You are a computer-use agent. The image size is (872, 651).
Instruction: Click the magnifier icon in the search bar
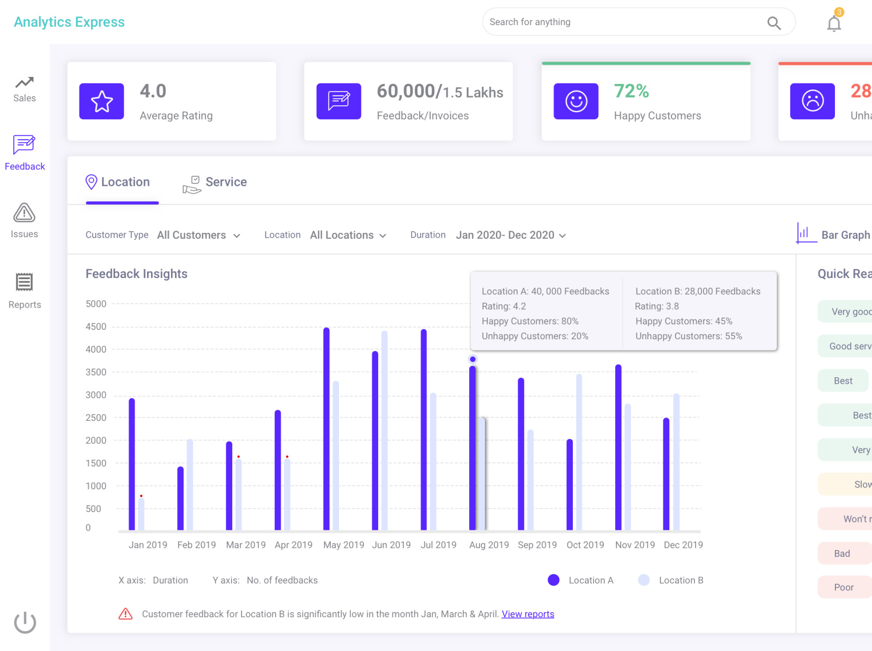(774, 23)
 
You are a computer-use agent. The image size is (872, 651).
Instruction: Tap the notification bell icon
(834, 23)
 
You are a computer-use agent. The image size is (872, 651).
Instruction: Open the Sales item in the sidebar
(25, 89)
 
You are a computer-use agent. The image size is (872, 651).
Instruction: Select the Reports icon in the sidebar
(25, 282)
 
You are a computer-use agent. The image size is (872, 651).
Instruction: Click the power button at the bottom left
(25, 622)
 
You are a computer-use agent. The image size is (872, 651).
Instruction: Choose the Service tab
(215, 183)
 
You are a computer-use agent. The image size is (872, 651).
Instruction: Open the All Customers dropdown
(198, 235)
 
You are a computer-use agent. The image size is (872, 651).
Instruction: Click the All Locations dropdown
(348, 235)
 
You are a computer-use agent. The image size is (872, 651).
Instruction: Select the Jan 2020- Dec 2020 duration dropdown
(511, 235)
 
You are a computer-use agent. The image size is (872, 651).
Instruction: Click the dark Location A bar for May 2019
(326, 431)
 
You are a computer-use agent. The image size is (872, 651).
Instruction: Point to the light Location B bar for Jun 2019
(385, 431)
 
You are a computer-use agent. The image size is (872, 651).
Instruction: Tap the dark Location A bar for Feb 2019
(180, 499)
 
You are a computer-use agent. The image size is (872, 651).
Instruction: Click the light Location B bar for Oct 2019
(579, 453)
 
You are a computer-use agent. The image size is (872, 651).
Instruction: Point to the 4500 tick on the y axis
(96, 327)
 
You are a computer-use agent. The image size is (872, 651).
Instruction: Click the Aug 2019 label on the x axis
(489, 545)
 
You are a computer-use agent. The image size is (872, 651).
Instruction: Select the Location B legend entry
(671, 580)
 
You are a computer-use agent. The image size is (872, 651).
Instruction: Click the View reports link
(528, 614)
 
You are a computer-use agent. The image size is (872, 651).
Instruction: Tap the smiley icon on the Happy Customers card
(576, 101)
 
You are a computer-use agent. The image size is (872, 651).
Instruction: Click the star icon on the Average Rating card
(102, 101)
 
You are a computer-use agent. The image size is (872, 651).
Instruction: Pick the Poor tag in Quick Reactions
(844, 587)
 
